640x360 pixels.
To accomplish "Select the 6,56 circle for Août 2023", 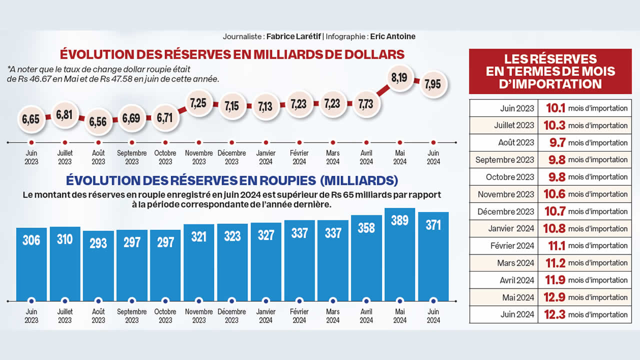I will (x=98, y=121).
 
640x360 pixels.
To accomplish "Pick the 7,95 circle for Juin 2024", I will (x=433, y=84).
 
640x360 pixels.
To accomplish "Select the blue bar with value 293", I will (x=98, y=265).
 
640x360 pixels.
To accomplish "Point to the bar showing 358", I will (x=366, y=257).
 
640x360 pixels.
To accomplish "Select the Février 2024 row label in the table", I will (x=512, y=245).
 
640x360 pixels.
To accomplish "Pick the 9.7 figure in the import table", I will (x=557, y=142).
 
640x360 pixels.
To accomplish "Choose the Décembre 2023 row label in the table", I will (x=505, y=211).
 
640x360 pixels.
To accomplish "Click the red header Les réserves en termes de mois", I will (x=550, y=71).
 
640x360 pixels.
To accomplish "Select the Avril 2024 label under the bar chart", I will (x=366, y=315).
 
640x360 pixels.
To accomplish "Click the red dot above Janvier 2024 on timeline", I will (x=266, y=142).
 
